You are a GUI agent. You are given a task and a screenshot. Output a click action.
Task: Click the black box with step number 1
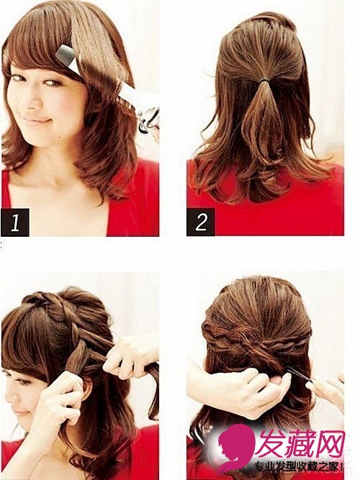point(15,222)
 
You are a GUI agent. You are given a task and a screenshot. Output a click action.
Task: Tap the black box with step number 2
point(201,222)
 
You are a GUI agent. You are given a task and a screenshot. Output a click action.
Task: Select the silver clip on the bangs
point(68,60)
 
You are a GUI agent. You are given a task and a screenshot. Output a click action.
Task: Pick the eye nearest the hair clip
point(53,82)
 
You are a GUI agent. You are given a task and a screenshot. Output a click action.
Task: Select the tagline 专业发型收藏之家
point(297,466)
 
